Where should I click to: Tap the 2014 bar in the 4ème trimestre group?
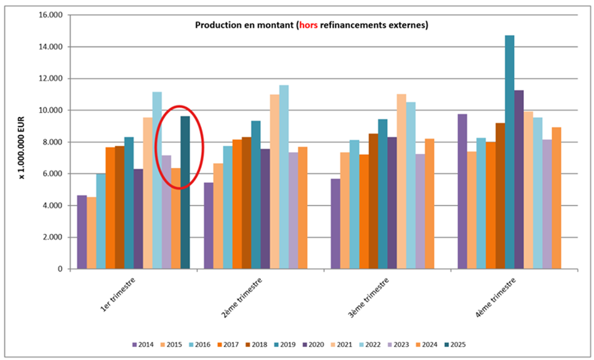pos(462,191)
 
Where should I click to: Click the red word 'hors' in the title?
pos(308,25)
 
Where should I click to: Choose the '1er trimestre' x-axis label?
pos(118,296)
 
